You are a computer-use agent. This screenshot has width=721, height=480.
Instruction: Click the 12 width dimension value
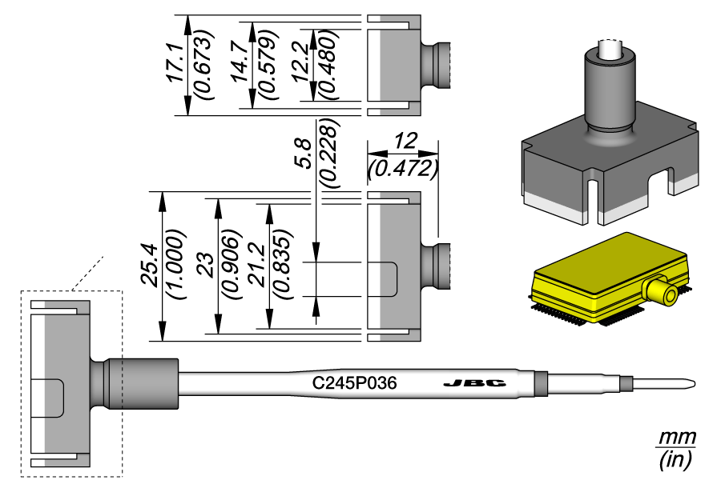[404, 144]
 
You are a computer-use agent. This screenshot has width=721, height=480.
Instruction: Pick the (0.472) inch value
[403, 169]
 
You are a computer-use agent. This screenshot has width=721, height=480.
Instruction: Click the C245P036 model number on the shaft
[354, 384]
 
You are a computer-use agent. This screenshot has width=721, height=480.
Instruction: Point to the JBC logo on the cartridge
[474, 384]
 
